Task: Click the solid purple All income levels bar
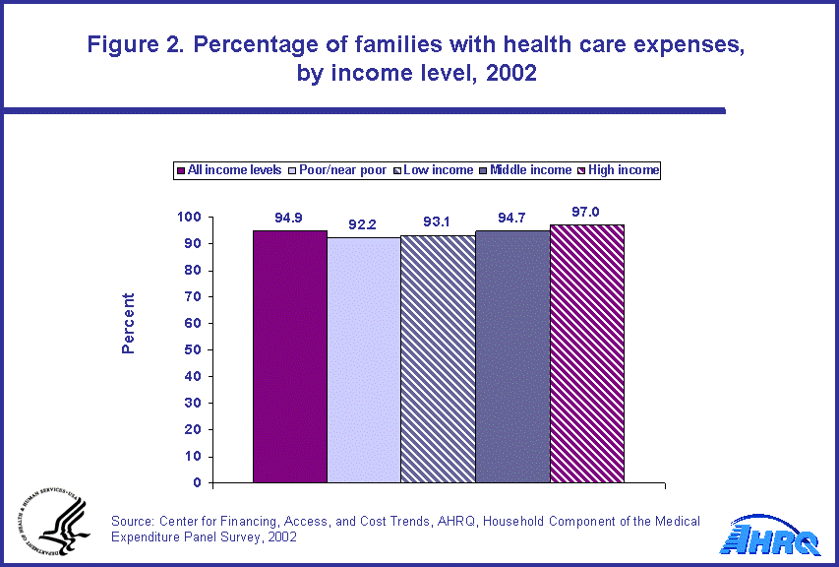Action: point(289,356)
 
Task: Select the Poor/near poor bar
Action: point(363,360)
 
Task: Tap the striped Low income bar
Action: point(438,359)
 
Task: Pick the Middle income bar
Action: point(511,356)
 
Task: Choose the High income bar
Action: point(586,354)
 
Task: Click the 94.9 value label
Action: point(288,219)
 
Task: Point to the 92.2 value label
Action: point(363,225)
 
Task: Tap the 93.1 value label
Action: point(438,223)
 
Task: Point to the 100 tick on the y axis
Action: point(189,217)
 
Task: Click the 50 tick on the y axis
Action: point(193,349)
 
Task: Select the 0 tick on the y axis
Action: point(197,483)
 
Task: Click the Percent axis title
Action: point(128,323)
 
